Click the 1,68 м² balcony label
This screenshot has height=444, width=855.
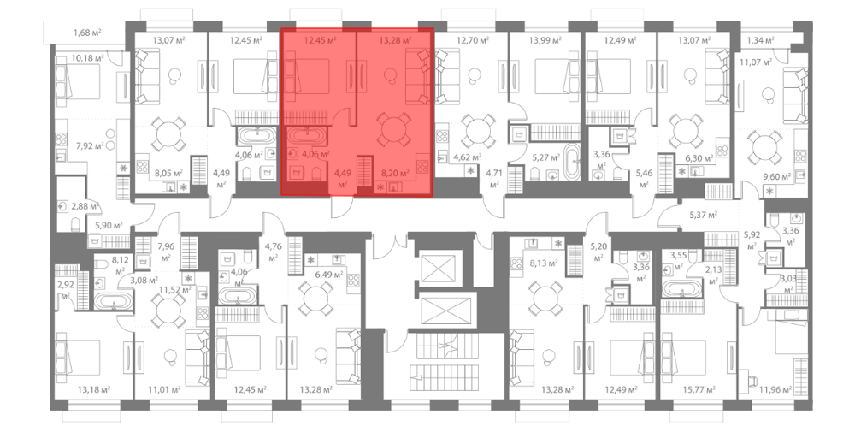click(88, 33)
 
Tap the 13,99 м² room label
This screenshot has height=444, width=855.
click(545, 40)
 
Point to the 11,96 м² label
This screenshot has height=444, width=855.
click(776, 390)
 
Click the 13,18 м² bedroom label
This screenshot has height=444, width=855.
click(94, 390)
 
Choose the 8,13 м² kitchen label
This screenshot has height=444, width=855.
click(544, 263)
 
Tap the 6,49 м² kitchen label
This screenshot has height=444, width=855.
click(329, 275)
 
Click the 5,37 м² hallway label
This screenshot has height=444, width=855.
click(704, 215)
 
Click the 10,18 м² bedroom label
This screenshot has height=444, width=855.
click(87, 58)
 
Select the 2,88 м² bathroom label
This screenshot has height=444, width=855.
click(85, 207)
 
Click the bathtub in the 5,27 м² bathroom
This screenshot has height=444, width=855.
click(572, 162)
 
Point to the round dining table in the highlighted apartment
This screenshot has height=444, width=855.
click(394, 130)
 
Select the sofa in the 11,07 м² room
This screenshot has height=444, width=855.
click(795, 96)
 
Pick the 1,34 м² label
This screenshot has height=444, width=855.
click(761, 40)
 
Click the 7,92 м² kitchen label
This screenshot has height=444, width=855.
click(90, 145)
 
